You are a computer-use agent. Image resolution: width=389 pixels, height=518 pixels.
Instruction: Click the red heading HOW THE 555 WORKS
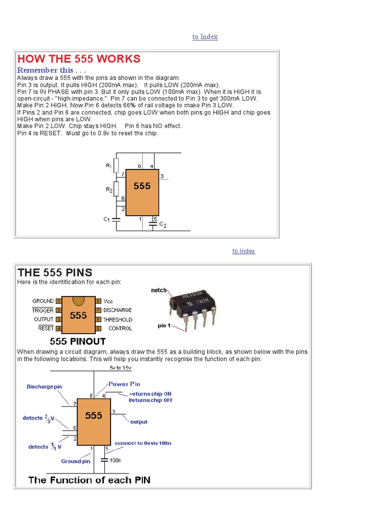(79, 59)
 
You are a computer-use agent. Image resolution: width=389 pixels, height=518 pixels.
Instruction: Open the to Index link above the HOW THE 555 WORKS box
(205, 37)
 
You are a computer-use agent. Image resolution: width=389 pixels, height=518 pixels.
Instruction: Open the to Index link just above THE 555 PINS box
(244, 251)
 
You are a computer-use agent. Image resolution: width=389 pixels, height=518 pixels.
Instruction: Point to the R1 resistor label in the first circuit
(108, 165)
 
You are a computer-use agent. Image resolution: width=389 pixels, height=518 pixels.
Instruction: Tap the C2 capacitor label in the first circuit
(163, 224)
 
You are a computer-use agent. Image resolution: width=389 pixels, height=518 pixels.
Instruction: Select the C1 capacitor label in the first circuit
(106, 220)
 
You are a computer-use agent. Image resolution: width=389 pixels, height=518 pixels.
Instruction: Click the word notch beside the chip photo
(159, 290)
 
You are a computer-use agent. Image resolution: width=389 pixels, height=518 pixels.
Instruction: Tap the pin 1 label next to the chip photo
(164, 326)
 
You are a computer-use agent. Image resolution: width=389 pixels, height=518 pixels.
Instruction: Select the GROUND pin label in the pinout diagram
(43, 301)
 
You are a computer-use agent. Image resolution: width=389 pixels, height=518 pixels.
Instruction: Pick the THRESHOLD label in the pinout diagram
(118, 320)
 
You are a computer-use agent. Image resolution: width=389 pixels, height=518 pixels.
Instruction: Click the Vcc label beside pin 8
(108, 301)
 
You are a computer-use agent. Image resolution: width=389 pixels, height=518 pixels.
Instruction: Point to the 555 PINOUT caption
(77, 341)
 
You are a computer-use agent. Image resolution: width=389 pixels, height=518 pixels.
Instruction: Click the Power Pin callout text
(125, 384)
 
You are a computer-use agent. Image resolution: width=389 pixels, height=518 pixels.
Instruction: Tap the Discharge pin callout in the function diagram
(45, 386)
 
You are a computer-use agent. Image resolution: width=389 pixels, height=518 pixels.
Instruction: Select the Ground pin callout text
(75, 461)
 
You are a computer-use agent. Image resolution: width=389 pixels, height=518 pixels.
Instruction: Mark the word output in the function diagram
(139, 421)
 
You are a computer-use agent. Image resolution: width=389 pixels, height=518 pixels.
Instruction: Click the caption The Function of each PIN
(90, 480)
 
